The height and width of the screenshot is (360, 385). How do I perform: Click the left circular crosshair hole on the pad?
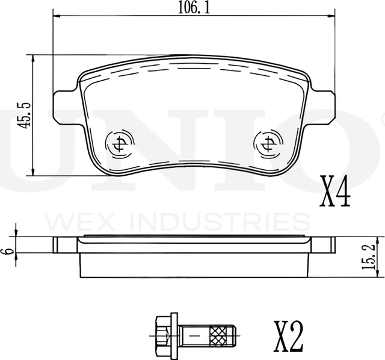pos(118,143)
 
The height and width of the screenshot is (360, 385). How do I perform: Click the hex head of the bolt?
pos(162,331)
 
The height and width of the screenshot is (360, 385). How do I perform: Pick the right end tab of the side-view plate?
pos(322,245)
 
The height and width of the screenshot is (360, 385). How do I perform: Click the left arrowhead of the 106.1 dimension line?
pos(57,17)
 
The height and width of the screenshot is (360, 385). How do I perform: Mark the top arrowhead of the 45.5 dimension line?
pos(33,59)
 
